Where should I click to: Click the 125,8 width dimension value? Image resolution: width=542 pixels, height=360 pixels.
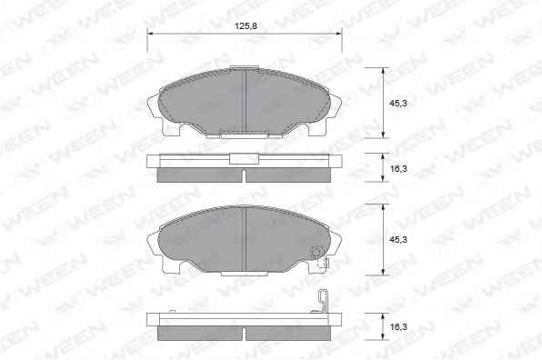(x=246, y=26)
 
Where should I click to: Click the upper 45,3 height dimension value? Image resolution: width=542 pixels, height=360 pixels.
(x=398, y=104)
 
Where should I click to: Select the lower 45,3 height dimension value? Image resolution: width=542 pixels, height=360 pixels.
(x=398, y=239)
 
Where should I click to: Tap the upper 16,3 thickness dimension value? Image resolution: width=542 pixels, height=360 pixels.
(x=398, y=168)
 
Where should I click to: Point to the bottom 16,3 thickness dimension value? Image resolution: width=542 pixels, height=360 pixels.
(x=398, y=326)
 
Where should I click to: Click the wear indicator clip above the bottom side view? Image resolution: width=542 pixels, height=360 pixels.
(x=323, y=300)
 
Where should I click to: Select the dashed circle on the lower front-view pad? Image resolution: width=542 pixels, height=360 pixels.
(x=316, y=252)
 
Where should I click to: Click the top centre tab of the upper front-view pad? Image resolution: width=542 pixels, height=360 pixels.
(x=244, y=67)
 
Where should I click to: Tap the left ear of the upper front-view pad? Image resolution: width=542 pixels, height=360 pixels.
(x=155, y=110)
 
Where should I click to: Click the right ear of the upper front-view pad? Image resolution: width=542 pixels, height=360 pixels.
(x=334, y=110)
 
